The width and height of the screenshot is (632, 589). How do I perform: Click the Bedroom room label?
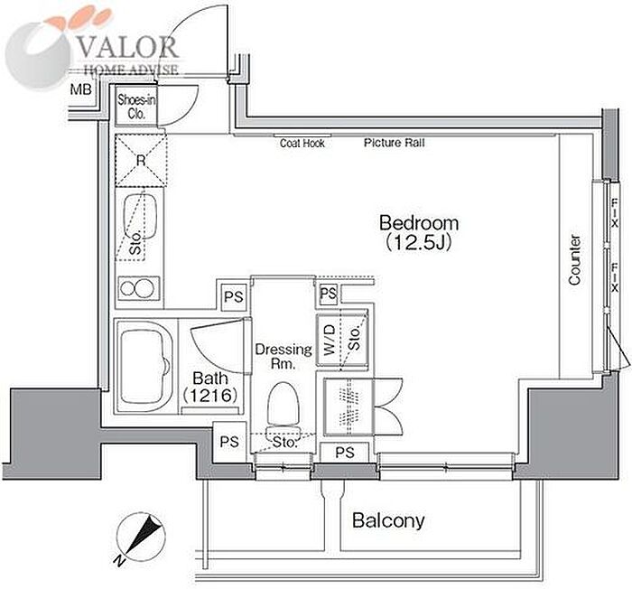(x=419, y=224)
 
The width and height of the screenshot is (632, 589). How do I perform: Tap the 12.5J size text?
(x=418, y=243)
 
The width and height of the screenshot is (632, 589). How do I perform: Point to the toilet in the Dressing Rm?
(x=283, y=411)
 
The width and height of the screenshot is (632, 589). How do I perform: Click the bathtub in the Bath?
(x=144, y=366)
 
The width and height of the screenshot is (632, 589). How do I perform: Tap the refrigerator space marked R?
(x=141, y=161)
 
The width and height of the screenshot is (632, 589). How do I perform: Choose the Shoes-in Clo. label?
(x=136, y=107)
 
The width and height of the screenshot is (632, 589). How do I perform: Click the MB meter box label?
(x=81, y=89)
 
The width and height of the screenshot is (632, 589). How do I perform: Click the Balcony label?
(x=388, y=520)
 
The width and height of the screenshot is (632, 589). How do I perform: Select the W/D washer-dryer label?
(x=330, y=340)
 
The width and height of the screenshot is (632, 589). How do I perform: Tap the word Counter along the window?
(x=574, y=260)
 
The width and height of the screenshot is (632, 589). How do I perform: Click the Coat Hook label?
(x=302, y=144)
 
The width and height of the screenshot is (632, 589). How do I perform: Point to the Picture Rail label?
(x=395, y=143)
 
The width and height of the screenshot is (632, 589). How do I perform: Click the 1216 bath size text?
(x=210, y=396)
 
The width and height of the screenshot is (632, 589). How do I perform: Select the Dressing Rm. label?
(x=283, y=356)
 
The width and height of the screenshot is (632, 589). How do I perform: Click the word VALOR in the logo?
(x=127, y=47)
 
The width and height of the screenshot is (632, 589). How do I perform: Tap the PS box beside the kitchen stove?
(x=233, y=297)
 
